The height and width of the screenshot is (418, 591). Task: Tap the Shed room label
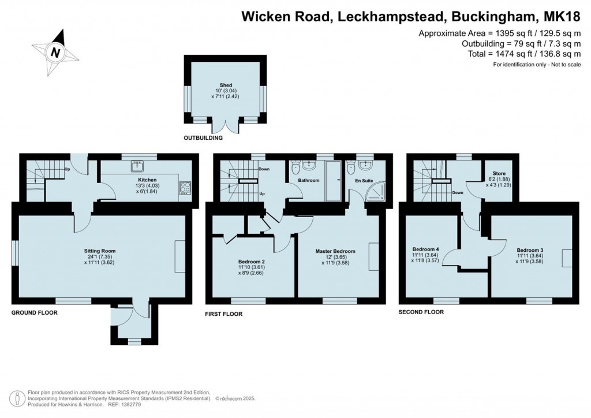pos(226,85)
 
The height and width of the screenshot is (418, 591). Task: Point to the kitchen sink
pos(137,167)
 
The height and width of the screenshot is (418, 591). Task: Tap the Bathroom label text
pos(309,180)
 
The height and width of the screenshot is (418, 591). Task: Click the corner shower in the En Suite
pos(377,193)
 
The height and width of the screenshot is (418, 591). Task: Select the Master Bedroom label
pos(335,251)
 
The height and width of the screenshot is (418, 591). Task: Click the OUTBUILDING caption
pos(203,139)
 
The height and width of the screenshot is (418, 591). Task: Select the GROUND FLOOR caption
pos(35,312)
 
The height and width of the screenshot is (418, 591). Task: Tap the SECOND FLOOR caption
pos(421,312)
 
